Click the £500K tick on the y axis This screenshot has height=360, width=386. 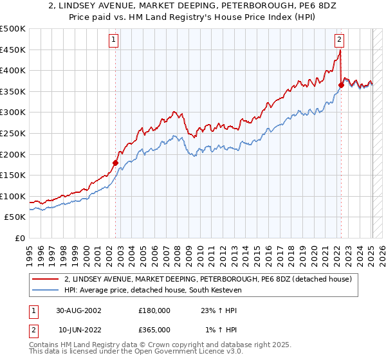13,29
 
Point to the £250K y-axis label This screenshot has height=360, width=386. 13,133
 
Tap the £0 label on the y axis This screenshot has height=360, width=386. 20,238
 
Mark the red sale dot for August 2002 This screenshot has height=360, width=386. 116,163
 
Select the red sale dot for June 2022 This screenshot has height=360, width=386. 341,85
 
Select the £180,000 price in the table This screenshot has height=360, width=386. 154,310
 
